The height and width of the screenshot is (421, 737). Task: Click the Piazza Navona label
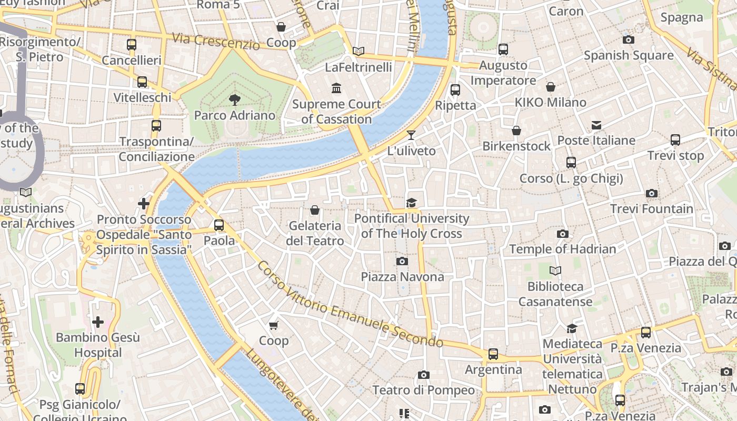402,277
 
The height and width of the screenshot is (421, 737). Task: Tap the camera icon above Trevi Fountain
652,194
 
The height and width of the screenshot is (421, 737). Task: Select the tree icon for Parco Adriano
234,99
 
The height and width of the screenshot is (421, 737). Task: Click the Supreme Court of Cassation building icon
336,87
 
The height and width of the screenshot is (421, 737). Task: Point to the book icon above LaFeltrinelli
358,51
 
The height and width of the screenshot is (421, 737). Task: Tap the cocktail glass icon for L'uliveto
411,135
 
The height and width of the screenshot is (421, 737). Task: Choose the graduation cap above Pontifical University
411,203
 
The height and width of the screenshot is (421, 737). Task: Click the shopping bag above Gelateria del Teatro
315,210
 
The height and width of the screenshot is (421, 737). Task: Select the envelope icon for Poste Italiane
596,125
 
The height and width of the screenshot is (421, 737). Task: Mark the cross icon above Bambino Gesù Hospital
98,322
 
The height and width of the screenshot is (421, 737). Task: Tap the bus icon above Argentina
493,354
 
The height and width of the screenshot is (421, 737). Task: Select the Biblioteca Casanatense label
555,294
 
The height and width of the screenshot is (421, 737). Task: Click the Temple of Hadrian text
562,249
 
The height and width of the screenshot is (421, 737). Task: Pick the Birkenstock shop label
516,146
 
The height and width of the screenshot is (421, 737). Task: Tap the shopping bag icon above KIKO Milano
551,87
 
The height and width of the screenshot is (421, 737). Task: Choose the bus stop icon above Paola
219,225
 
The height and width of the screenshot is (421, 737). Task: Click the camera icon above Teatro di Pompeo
423,375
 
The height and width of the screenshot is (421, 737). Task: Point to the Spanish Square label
629,55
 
